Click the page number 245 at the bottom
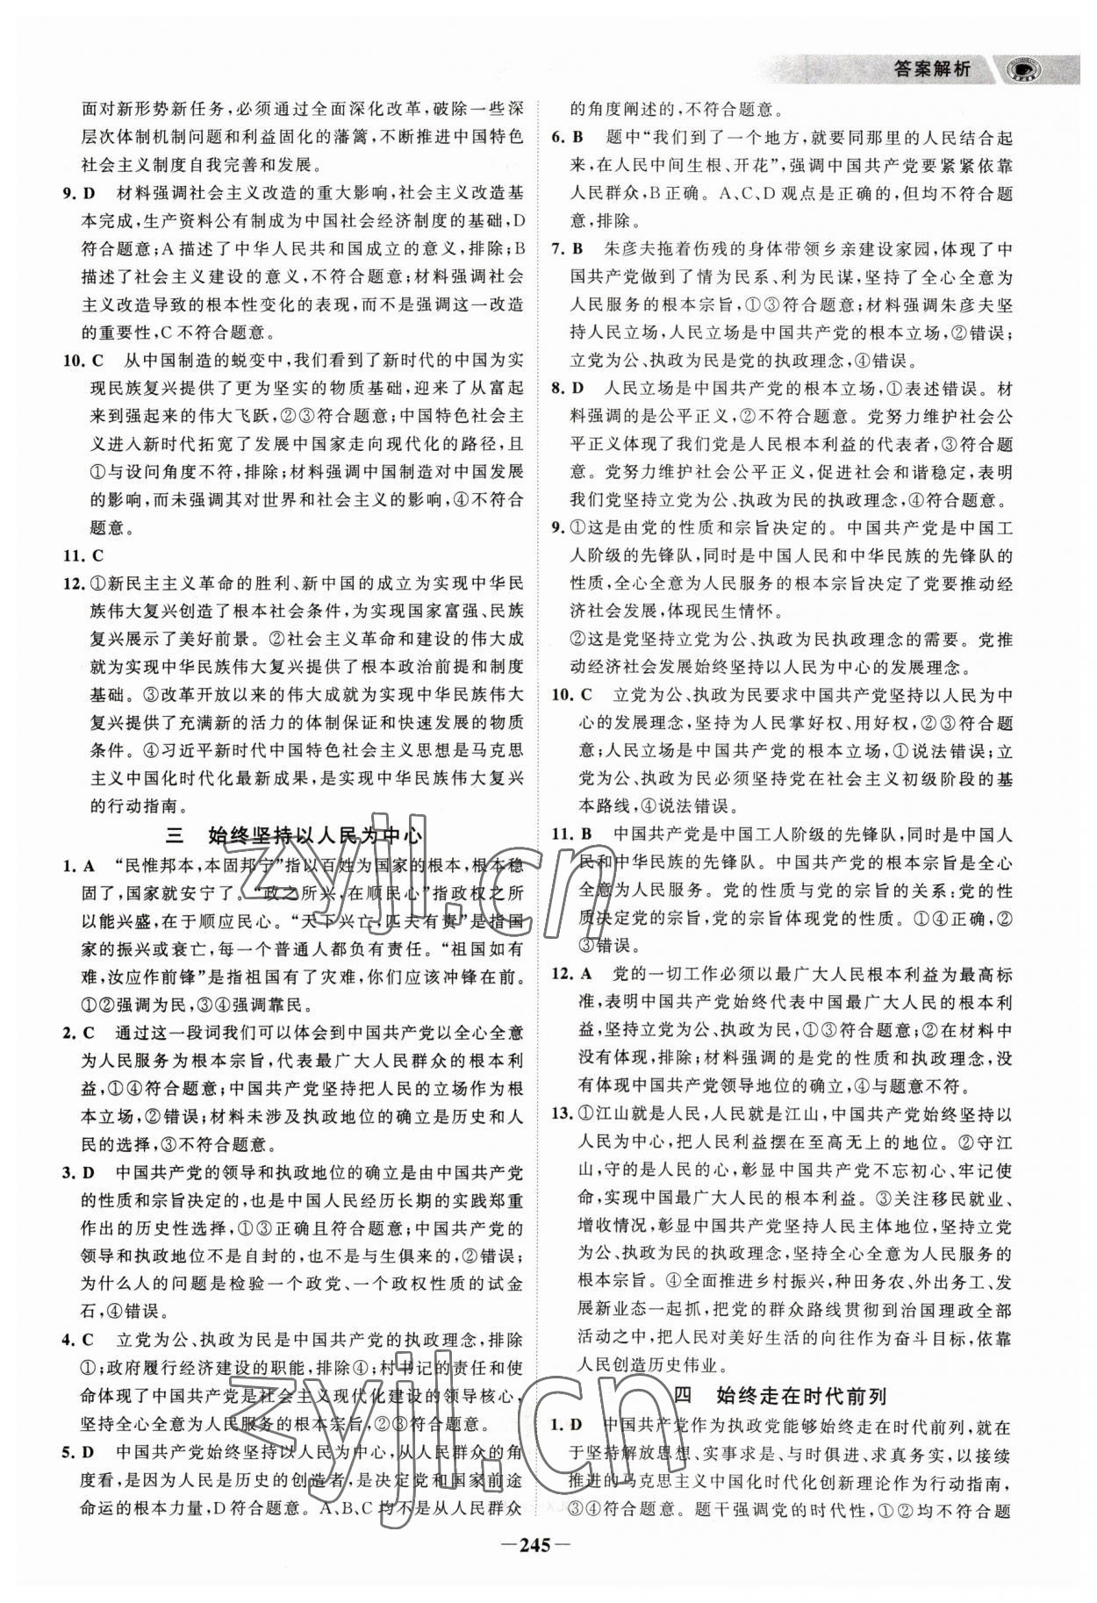(548, 1572)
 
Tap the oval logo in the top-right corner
(1023, 69)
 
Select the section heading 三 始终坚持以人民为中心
(294, 834)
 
